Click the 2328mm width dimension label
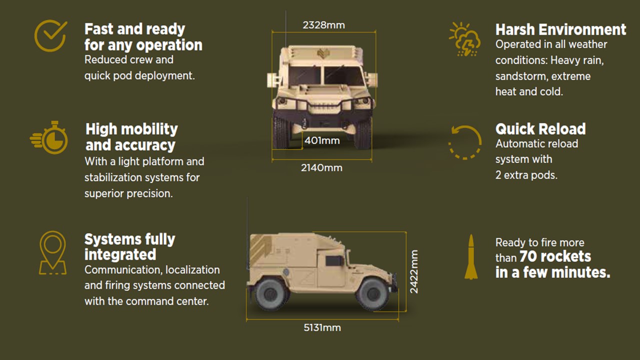click(323, 25)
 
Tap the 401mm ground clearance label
click(322, 140)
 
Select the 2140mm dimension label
click(321, 167)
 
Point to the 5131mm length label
click(322, 327)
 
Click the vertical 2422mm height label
click(414, 271)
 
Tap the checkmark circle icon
click(50, 35)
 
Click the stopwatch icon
click(49, 137)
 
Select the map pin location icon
click(52, 253)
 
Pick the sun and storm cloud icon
click(464, 39)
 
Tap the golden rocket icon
click(471, 257)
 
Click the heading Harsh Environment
click(560, 29)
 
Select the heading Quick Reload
click(540, 129)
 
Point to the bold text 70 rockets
click(555, 256)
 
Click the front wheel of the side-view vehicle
click(373, 293)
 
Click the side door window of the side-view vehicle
click(334, 261)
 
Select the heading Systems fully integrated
click(129, 246)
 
